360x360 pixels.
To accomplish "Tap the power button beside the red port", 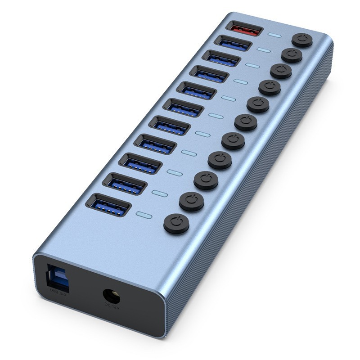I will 302,40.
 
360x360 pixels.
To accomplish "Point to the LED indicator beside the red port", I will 274,35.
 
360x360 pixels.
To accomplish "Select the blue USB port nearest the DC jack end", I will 108,205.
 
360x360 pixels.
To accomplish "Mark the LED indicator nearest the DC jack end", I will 144,215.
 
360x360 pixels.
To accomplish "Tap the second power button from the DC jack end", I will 191,201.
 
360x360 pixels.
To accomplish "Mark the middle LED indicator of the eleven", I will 216,116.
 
